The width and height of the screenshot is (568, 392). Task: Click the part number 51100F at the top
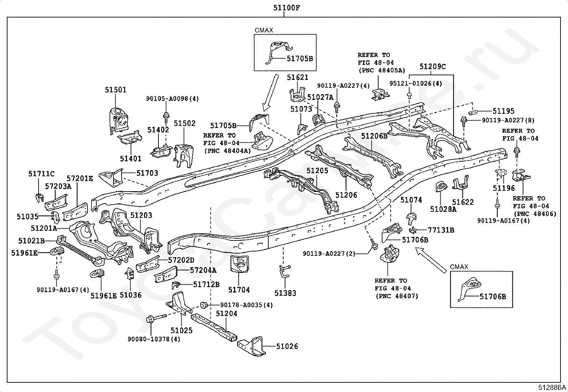point(286,8)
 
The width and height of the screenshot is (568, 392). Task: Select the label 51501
point(116,90)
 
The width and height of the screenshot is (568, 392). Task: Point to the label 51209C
point(432,66)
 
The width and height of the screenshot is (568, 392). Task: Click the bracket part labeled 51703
point(111,178)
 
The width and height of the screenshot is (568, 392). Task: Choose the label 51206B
point(374,136)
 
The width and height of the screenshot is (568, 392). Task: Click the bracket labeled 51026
point(252,346)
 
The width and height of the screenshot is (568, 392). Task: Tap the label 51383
point(285,293)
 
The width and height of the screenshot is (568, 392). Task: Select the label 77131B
point(441,230)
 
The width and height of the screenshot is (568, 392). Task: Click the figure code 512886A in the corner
point(552,387)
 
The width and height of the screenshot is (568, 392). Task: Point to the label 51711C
point(41,174)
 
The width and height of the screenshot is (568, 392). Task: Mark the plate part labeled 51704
point(239,264)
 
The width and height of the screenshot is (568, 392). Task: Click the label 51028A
point(443,209)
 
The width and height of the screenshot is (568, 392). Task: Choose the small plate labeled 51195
point(473,112)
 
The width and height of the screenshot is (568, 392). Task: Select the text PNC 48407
point(397,296)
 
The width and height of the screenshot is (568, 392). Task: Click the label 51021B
point(31,241)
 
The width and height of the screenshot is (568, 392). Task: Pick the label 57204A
point(203,270)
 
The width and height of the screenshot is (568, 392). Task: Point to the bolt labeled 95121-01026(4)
point(409,96)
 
